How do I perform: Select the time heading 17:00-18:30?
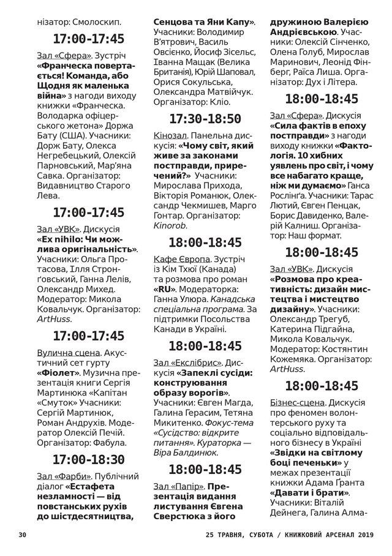[89, 459]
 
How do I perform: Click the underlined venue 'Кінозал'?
[172, 136]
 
